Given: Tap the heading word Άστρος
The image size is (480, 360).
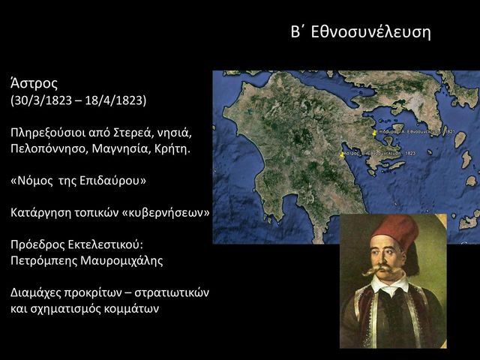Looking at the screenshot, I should point(34,82).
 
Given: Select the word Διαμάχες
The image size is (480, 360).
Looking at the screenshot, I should point(37,293).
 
